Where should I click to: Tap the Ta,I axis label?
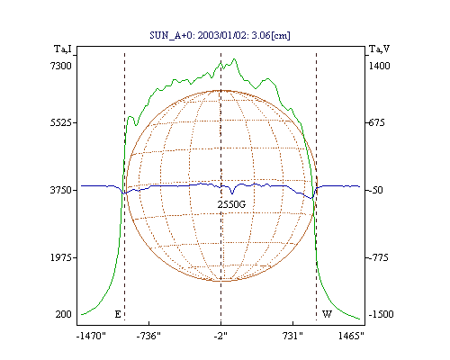63,49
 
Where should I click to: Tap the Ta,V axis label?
379,49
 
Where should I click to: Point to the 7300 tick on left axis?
61,66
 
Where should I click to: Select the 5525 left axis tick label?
61,122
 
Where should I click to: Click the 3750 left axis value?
61,190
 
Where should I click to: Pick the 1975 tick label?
61,257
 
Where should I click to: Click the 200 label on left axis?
63,314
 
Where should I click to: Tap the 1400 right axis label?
379,66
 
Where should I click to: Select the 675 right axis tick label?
376,122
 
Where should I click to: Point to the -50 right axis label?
376,190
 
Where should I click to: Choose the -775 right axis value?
378,257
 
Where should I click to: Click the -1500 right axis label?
381,314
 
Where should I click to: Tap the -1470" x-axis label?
91,336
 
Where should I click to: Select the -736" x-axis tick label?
148,336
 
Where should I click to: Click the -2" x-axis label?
220,336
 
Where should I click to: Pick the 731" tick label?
292,336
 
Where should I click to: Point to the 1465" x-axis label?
351,336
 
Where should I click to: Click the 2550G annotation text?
231,204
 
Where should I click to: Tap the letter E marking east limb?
118,314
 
